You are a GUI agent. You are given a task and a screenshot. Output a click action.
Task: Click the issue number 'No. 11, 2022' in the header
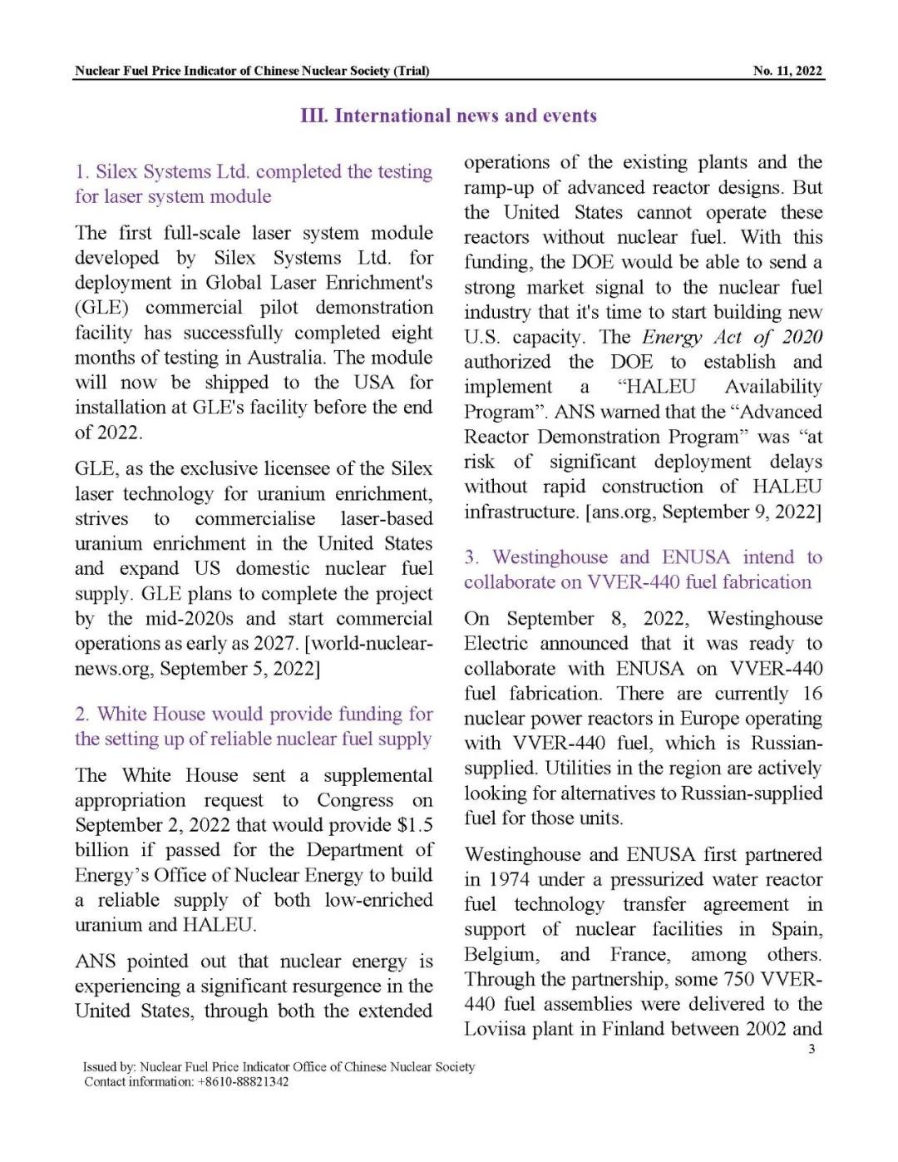(x=787, y=71)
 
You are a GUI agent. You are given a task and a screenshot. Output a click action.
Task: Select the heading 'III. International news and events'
(x=449, y=116)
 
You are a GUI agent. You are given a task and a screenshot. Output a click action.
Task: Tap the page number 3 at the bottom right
(x=812, y=1049)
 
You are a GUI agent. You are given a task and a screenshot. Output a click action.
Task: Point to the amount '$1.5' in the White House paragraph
(x=415, y=825)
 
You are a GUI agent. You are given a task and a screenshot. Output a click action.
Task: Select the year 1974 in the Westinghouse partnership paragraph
(x=509, y=880)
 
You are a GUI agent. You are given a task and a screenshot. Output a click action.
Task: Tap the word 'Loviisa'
(x=496, y=1030)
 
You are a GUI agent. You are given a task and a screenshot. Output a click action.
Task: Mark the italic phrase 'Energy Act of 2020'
(x=732, y=337)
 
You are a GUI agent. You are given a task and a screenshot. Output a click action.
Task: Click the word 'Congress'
(x=355, y=800)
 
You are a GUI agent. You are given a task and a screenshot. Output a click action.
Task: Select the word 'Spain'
(x=796, y=930)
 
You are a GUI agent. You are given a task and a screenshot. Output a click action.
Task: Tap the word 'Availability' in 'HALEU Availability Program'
(x=772, y=387)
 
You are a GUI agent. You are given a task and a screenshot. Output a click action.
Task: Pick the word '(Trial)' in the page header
(x=412, y=71)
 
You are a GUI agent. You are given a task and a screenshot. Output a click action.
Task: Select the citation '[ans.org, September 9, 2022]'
(x=703, y=512)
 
